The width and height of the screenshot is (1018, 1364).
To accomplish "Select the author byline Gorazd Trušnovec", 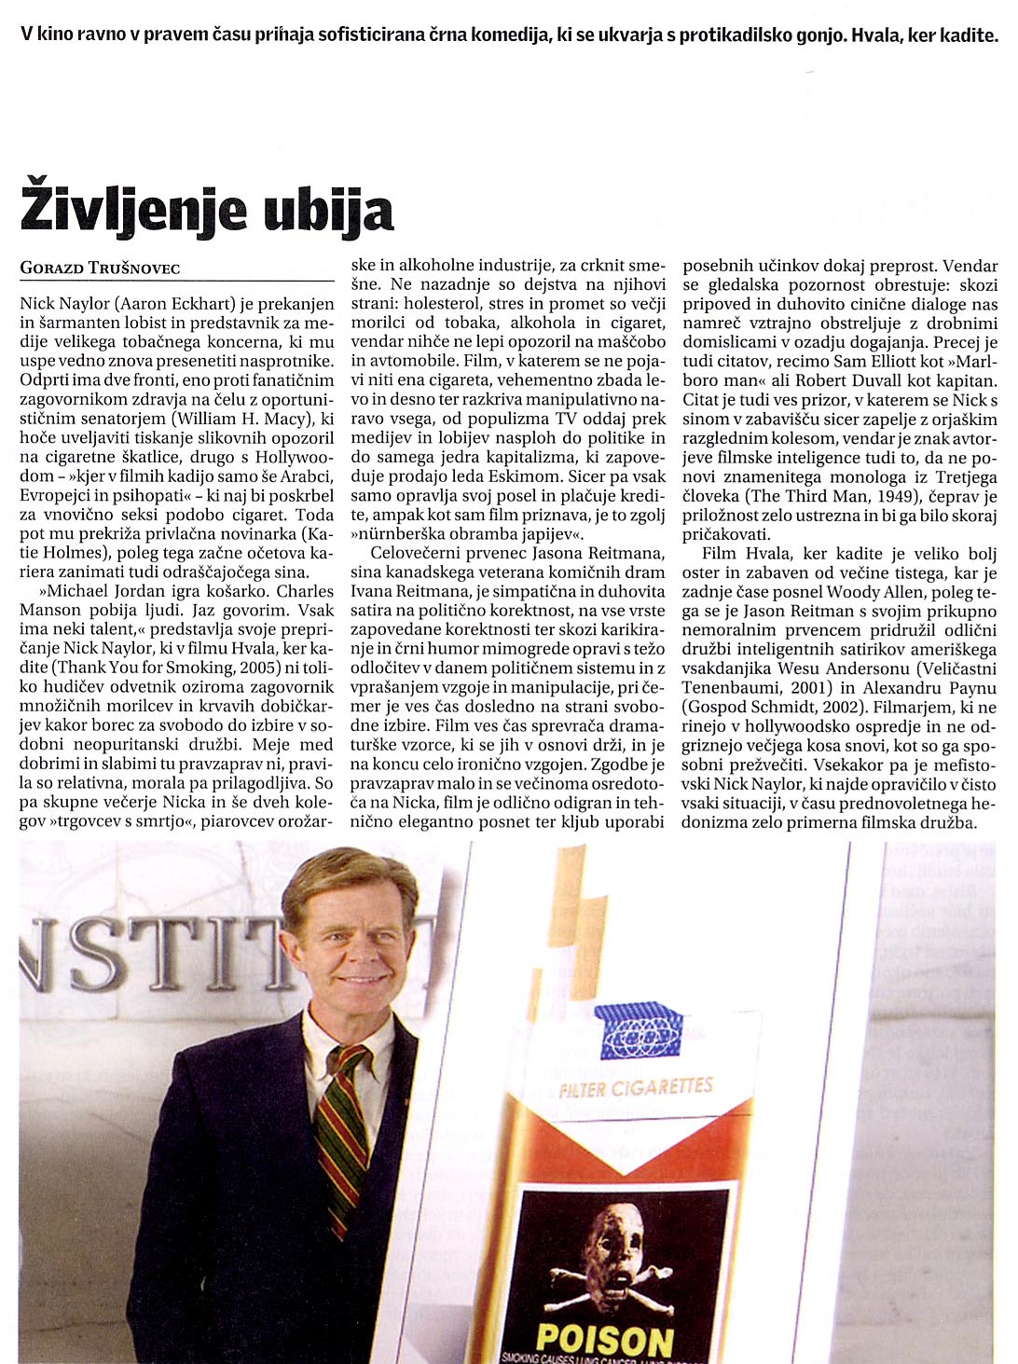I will (100, 269).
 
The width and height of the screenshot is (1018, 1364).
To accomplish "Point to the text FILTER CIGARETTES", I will (636, 1087).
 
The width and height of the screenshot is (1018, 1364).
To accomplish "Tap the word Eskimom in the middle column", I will (511, 476).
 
